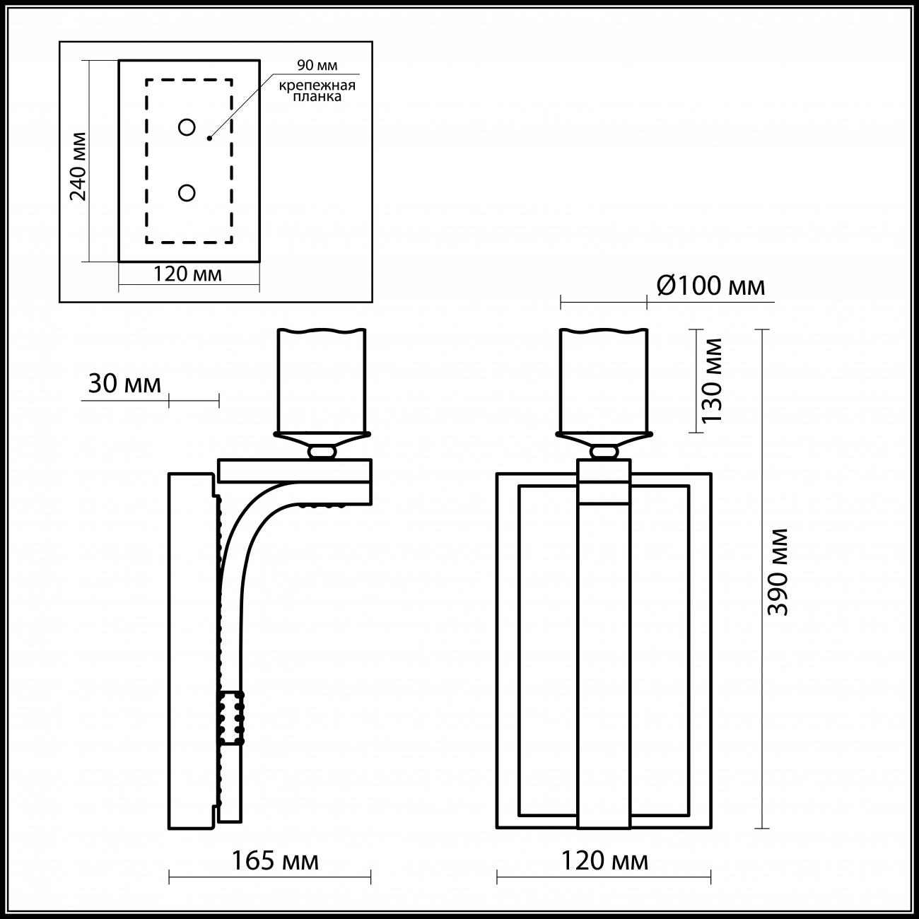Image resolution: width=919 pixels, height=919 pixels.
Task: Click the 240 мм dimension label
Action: (x=78, y=166)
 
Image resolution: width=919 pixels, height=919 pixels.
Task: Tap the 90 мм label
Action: (x=317, y=65)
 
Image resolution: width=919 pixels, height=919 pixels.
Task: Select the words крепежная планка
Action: (x=317, y=90)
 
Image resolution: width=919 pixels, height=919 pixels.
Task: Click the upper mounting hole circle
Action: (x=187, y=127)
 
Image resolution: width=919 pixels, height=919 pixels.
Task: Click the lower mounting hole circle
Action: (x=187, y=193)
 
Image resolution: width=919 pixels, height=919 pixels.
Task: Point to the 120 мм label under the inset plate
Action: (x=187, y=274)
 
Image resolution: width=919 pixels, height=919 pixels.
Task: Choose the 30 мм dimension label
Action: (x=124, y=383)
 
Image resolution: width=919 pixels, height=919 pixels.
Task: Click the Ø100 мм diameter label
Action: (x=710, y=286)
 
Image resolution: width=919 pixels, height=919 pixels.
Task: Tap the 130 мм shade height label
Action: (x=712, y=380)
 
